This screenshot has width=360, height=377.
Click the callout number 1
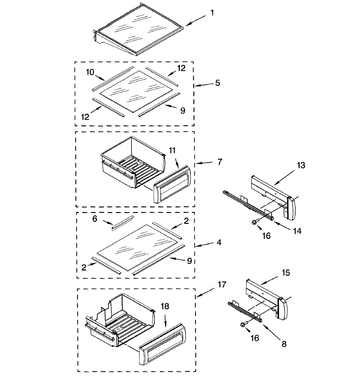point(212,13)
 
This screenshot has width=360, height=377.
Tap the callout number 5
point(218,83)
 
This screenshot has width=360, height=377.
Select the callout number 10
point(90,72)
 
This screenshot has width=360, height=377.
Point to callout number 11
point(172,150)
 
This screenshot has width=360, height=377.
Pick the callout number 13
point(301,165)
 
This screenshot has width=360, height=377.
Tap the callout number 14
point(297,231)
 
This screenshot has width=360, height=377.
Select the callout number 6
point(95,219)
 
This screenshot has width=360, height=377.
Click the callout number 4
point(219,243)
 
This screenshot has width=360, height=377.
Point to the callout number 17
point(222,285)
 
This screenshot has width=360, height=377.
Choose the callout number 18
point(165,306)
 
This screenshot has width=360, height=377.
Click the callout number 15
point(286,272)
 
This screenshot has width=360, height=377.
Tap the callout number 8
point(284,344)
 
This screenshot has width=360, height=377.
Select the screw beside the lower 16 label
point(244,325)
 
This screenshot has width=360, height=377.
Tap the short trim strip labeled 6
point(122,222)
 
